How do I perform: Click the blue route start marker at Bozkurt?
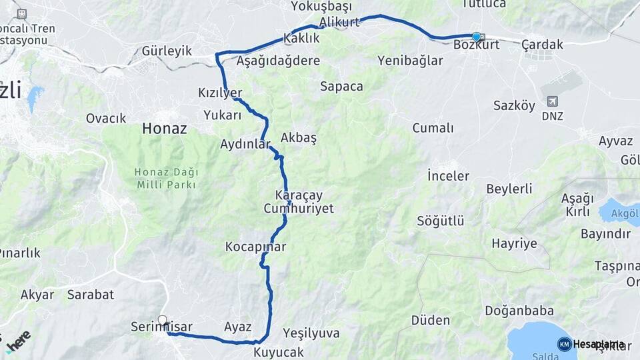pos(476,37)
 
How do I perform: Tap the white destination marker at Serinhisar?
pos(162,320)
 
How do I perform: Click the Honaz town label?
pos(163,129)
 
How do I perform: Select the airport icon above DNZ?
pos(552,101)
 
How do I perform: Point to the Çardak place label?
pos(542,45)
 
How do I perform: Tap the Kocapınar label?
pos(255,247)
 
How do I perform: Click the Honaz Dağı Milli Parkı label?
pos(167,178)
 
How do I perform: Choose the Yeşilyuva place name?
pos(311,333)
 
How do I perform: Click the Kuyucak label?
pos(279,351)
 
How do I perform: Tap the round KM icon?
pos(564,344)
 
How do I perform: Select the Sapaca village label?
pos(341,86)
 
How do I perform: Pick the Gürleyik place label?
pos(167,51)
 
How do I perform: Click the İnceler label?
pos(448,176)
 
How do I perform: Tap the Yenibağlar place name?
pos(410,61)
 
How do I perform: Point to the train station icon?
pos(21,13)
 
